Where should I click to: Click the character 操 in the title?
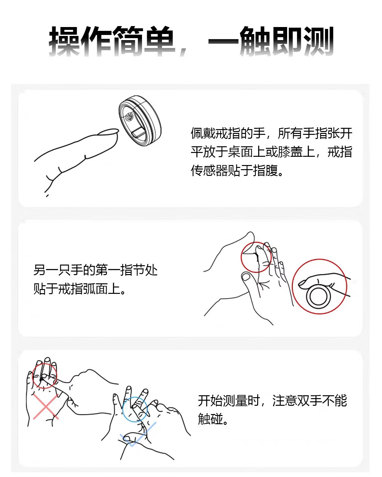(64, 41)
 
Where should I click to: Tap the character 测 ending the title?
(318, 41)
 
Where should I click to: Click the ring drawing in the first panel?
(140, 121)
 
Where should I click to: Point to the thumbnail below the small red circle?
(246, 277)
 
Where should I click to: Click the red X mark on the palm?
(46, 407)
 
